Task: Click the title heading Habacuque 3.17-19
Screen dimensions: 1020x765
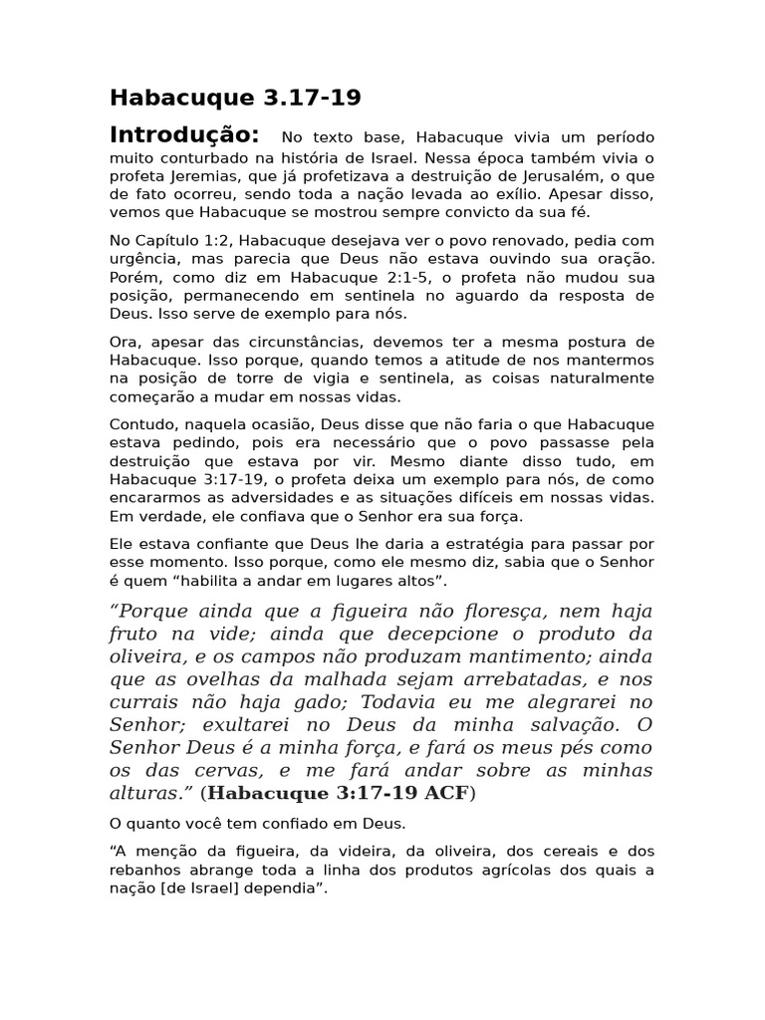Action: [x=235, y=98]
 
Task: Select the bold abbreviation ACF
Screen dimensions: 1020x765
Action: [x=446, y=794]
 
